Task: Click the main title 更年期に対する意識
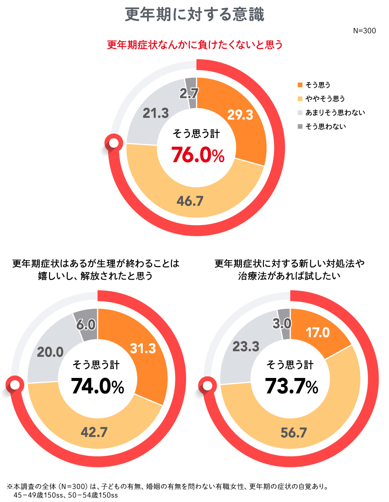pos(194,15)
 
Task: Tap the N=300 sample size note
pos(364,31)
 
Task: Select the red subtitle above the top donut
pos(194,45)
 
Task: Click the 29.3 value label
pos(240,115)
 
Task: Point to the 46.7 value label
pos(190,201)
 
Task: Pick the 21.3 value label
pos(156,113)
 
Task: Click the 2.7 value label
pos(189,93)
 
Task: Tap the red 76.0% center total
pos(198,155)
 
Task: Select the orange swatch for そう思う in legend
pos(300,85)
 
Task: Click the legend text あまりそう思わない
pos(335,113)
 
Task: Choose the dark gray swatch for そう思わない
pos(300,126)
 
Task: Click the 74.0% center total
pos(97,386)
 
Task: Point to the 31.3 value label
pos(143,348)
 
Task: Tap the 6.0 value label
pos(86,325)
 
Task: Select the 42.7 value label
pos(94,432)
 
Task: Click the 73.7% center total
pos(291,386)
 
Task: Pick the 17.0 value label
pos(317,332)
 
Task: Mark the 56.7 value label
pos(294,433)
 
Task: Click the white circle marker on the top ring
pos(114,143)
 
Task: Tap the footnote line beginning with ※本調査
pos(167,486)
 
